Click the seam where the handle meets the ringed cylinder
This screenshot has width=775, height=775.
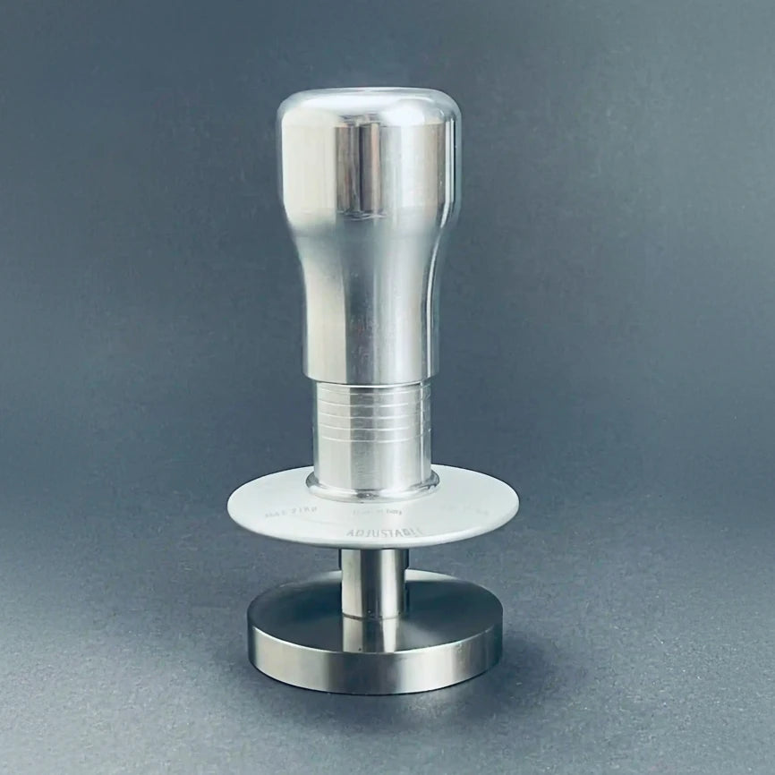click(x=370, y=379)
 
